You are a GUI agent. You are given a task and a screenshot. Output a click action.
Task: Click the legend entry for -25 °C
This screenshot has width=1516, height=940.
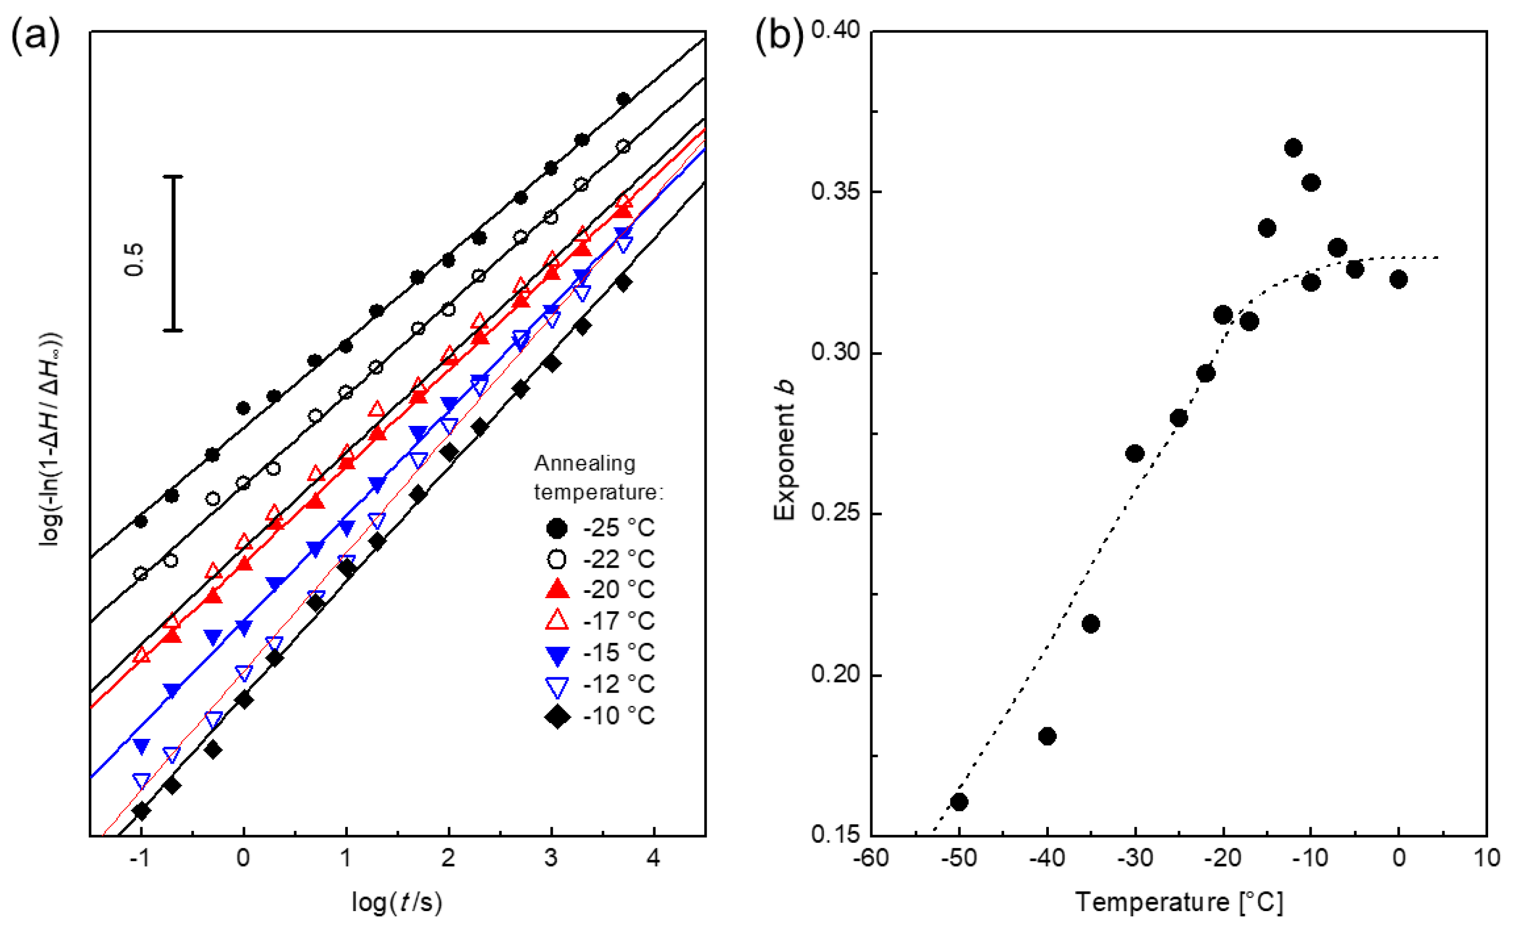coord(601,528)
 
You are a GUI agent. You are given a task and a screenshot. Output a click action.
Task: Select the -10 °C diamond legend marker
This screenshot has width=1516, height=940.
coord(557,717)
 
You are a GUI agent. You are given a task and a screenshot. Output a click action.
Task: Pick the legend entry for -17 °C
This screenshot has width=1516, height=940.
coord(601,621)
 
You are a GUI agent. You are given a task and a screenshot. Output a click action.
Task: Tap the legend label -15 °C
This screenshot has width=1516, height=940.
coord(619,653)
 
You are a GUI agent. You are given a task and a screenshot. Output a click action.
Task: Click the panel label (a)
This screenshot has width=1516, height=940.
coord(35,36)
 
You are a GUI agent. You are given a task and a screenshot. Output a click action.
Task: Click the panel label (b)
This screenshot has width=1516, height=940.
coord(778,36)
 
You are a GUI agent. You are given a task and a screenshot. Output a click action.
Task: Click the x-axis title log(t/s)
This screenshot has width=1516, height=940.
coord(397,902)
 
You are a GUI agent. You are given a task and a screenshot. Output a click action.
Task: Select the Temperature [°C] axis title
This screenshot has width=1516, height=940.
coord(1179,902)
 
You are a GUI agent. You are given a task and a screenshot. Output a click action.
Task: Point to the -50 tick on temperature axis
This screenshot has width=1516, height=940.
coord(958,858)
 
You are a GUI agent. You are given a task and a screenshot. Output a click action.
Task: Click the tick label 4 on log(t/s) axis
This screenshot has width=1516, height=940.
coord(653,858)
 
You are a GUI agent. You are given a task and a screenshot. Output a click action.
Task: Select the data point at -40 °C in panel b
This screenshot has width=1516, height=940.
coord(1047,736)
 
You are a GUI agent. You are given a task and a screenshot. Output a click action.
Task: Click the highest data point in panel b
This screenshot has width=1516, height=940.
coord(1293,148)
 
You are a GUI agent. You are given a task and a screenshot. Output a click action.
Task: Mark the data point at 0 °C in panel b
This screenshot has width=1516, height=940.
coord(1398,280)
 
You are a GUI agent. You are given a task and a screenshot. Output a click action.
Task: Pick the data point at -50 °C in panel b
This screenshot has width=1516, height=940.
coord(958,802)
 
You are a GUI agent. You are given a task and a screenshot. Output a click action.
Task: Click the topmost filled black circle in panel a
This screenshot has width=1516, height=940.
coord(623,99)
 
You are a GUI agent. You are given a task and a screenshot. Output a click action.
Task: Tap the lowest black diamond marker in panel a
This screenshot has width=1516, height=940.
coord(141,811)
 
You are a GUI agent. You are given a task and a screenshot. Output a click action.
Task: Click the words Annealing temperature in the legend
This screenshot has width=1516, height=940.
coord(597,477)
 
